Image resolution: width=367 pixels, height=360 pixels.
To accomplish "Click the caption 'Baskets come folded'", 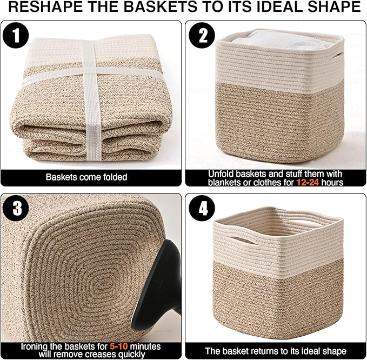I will point(86,177).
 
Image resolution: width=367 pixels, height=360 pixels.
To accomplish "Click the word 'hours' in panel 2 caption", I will point(333,182).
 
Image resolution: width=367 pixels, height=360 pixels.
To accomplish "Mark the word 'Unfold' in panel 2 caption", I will point(221,174).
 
